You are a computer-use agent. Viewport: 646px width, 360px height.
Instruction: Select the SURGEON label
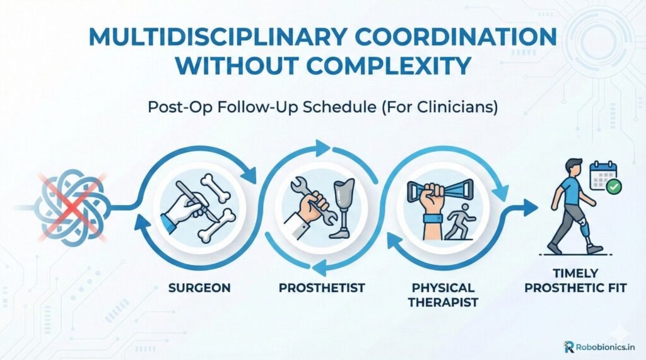pyautogui.click(x=199, y=287)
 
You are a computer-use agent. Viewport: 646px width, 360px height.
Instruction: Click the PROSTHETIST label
pyautogui.click(x=322, y=287)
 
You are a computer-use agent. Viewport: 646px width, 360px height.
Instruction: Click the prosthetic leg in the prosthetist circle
pyautogui.click(x=344, y=208)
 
